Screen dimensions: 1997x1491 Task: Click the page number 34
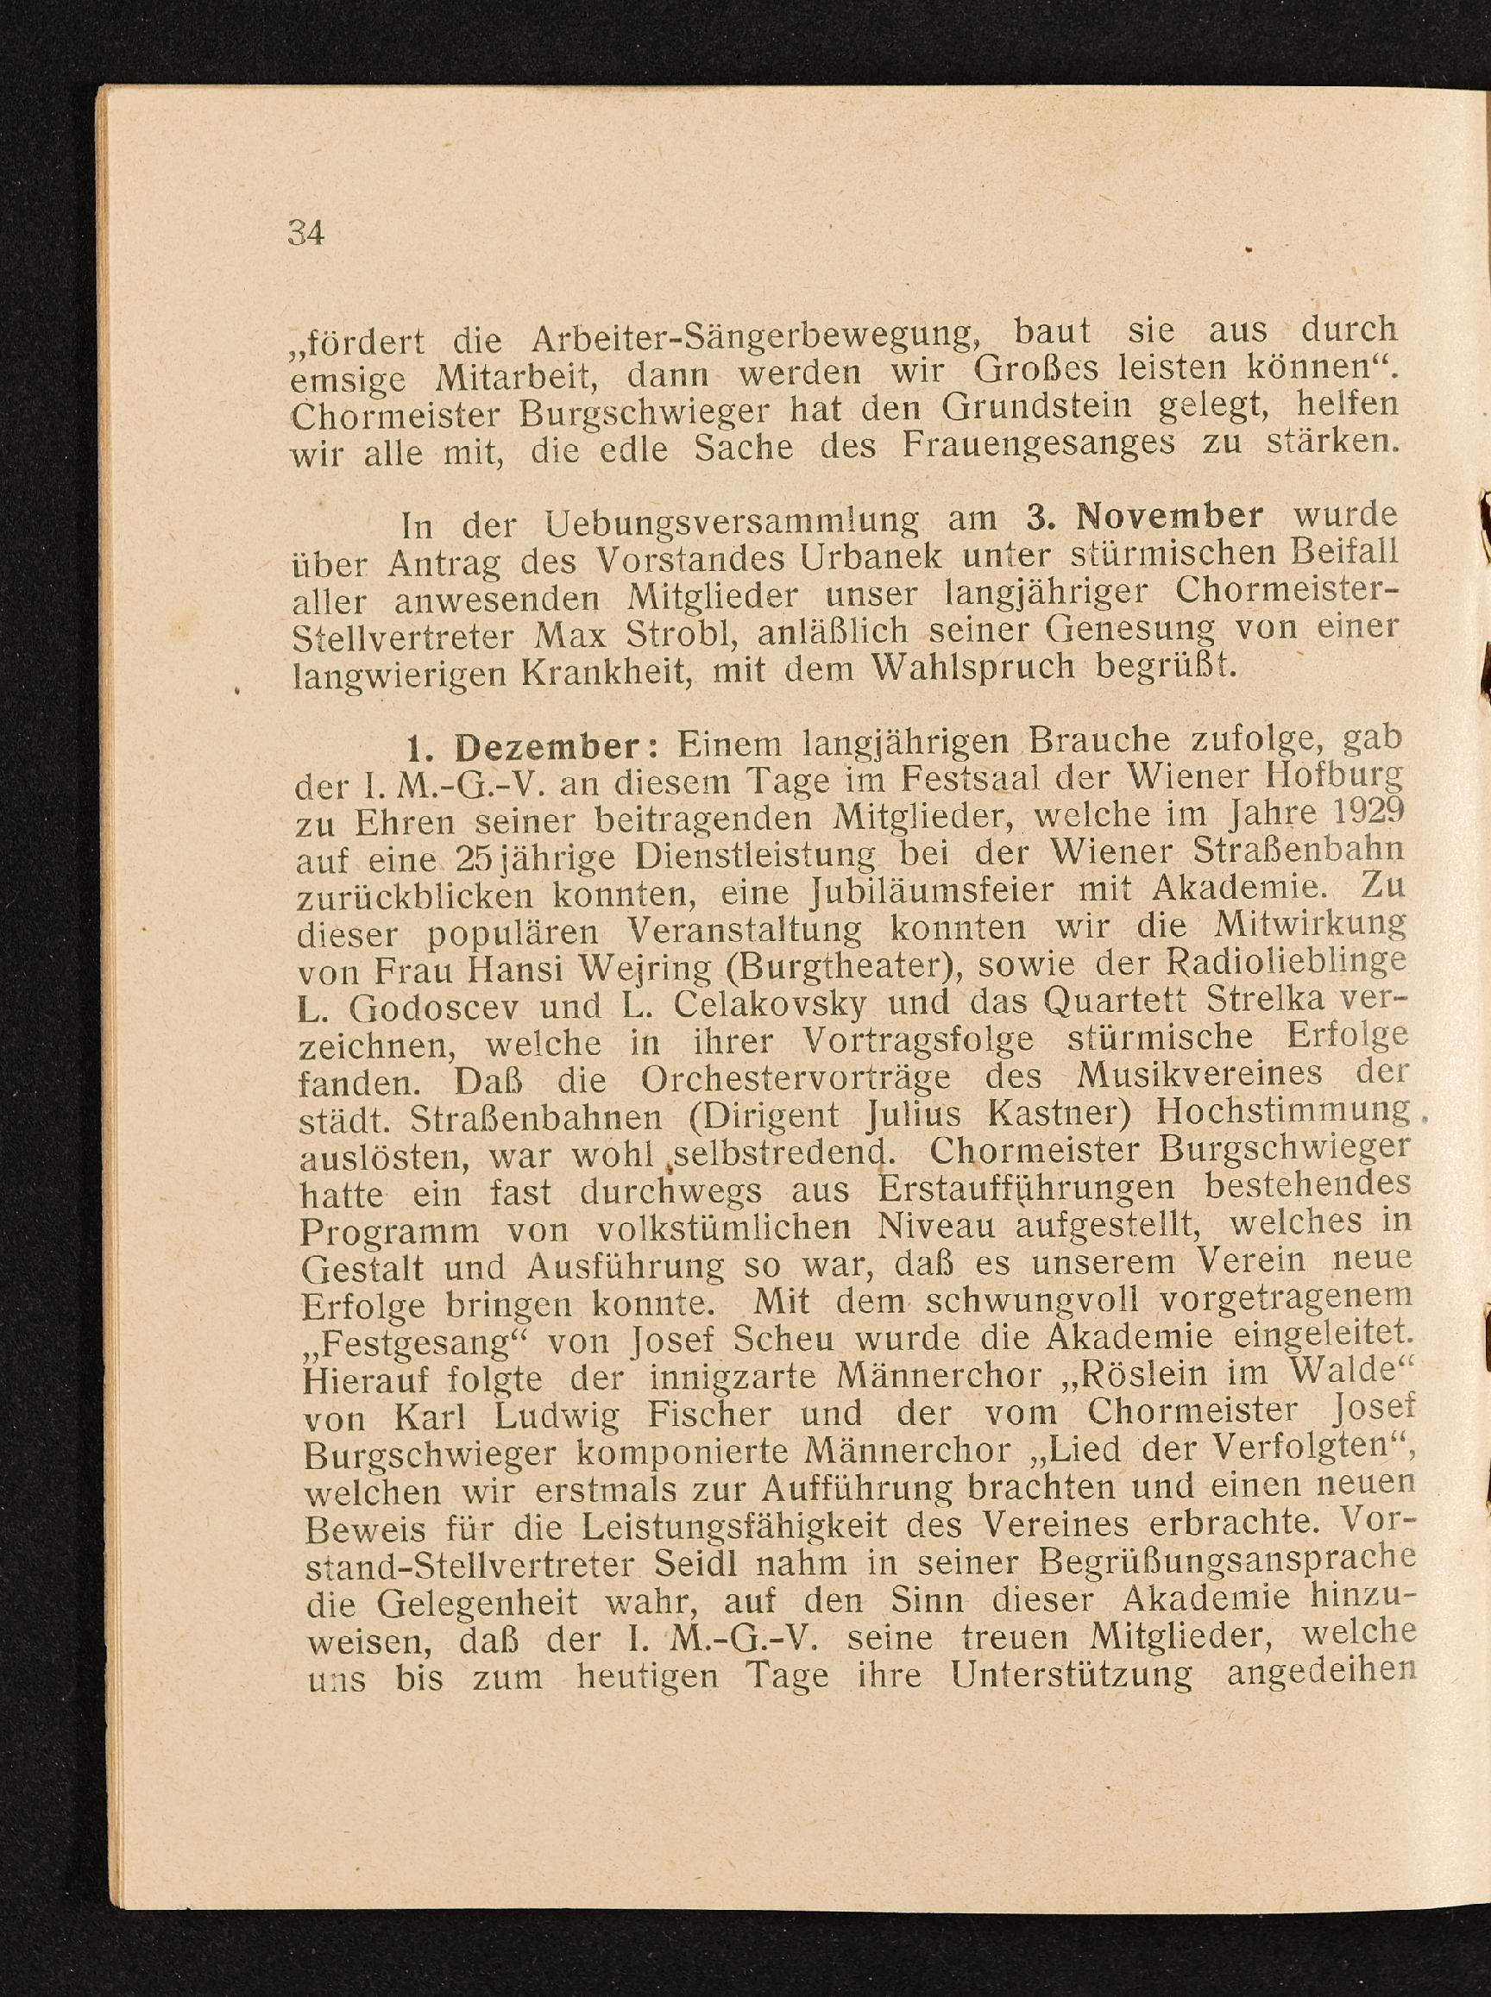tap(305, 234)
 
